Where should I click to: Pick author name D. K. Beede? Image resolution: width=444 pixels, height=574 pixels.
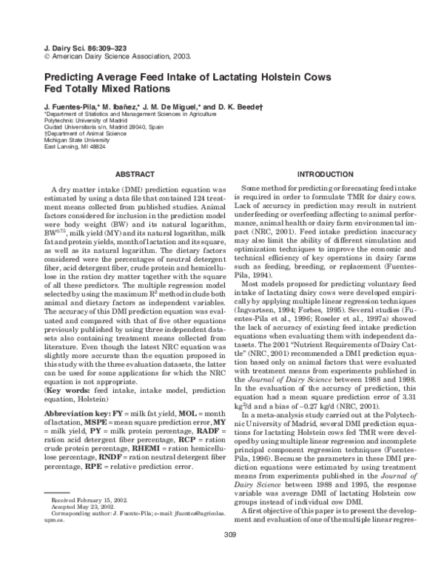249,107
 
